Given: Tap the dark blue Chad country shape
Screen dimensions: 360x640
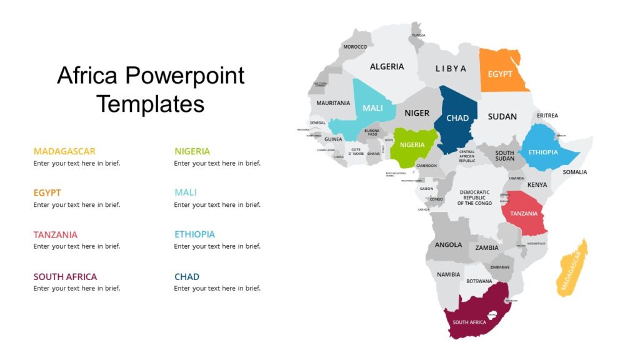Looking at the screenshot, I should pyautogui.click(x=457, y=119).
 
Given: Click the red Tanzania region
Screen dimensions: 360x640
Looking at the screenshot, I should pyautogui.click(x=524, y=214).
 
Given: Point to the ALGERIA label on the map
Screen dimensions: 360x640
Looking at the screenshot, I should pyautogui.click(x=387, y=66).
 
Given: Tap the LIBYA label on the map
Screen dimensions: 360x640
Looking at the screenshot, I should pyautogui.click(x=451, y=68).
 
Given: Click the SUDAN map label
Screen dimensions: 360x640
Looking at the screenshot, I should pyautogui.click(x=502, y=116).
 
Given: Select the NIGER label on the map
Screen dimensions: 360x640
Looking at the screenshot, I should pyautogui.click(x=417, y=113).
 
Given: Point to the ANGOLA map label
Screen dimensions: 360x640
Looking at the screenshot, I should pyautogui.click(x=448, y=244).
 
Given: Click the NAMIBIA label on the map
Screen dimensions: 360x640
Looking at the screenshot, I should pyautogui.click(x=448, y=274).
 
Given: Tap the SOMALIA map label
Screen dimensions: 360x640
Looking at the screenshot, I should pyautogui.click(x=574, y=172).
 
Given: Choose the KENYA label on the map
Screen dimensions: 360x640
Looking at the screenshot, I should pyautogui.click(x=537, y=185).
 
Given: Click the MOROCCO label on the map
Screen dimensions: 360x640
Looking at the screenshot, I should pyautogui.click(x=355, y=47).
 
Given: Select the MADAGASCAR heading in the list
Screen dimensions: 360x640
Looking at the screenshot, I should pyautogui.click(x=64, y=151).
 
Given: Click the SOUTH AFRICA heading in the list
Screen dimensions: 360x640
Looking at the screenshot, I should pyautogui.click(x=65, y=276).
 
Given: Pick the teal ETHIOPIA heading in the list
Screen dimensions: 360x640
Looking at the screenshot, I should pyautogui.click(x=194, y=234).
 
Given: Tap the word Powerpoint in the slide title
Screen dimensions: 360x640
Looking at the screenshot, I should pyautogui.click(x=184, y=76).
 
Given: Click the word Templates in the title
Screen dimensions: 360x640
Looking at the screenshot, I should pyautogui.click(x=151, y=104).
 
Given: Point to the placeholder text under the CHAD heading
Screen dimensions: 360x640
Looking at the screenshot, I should pyautogui.click(x=217, y=288).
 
